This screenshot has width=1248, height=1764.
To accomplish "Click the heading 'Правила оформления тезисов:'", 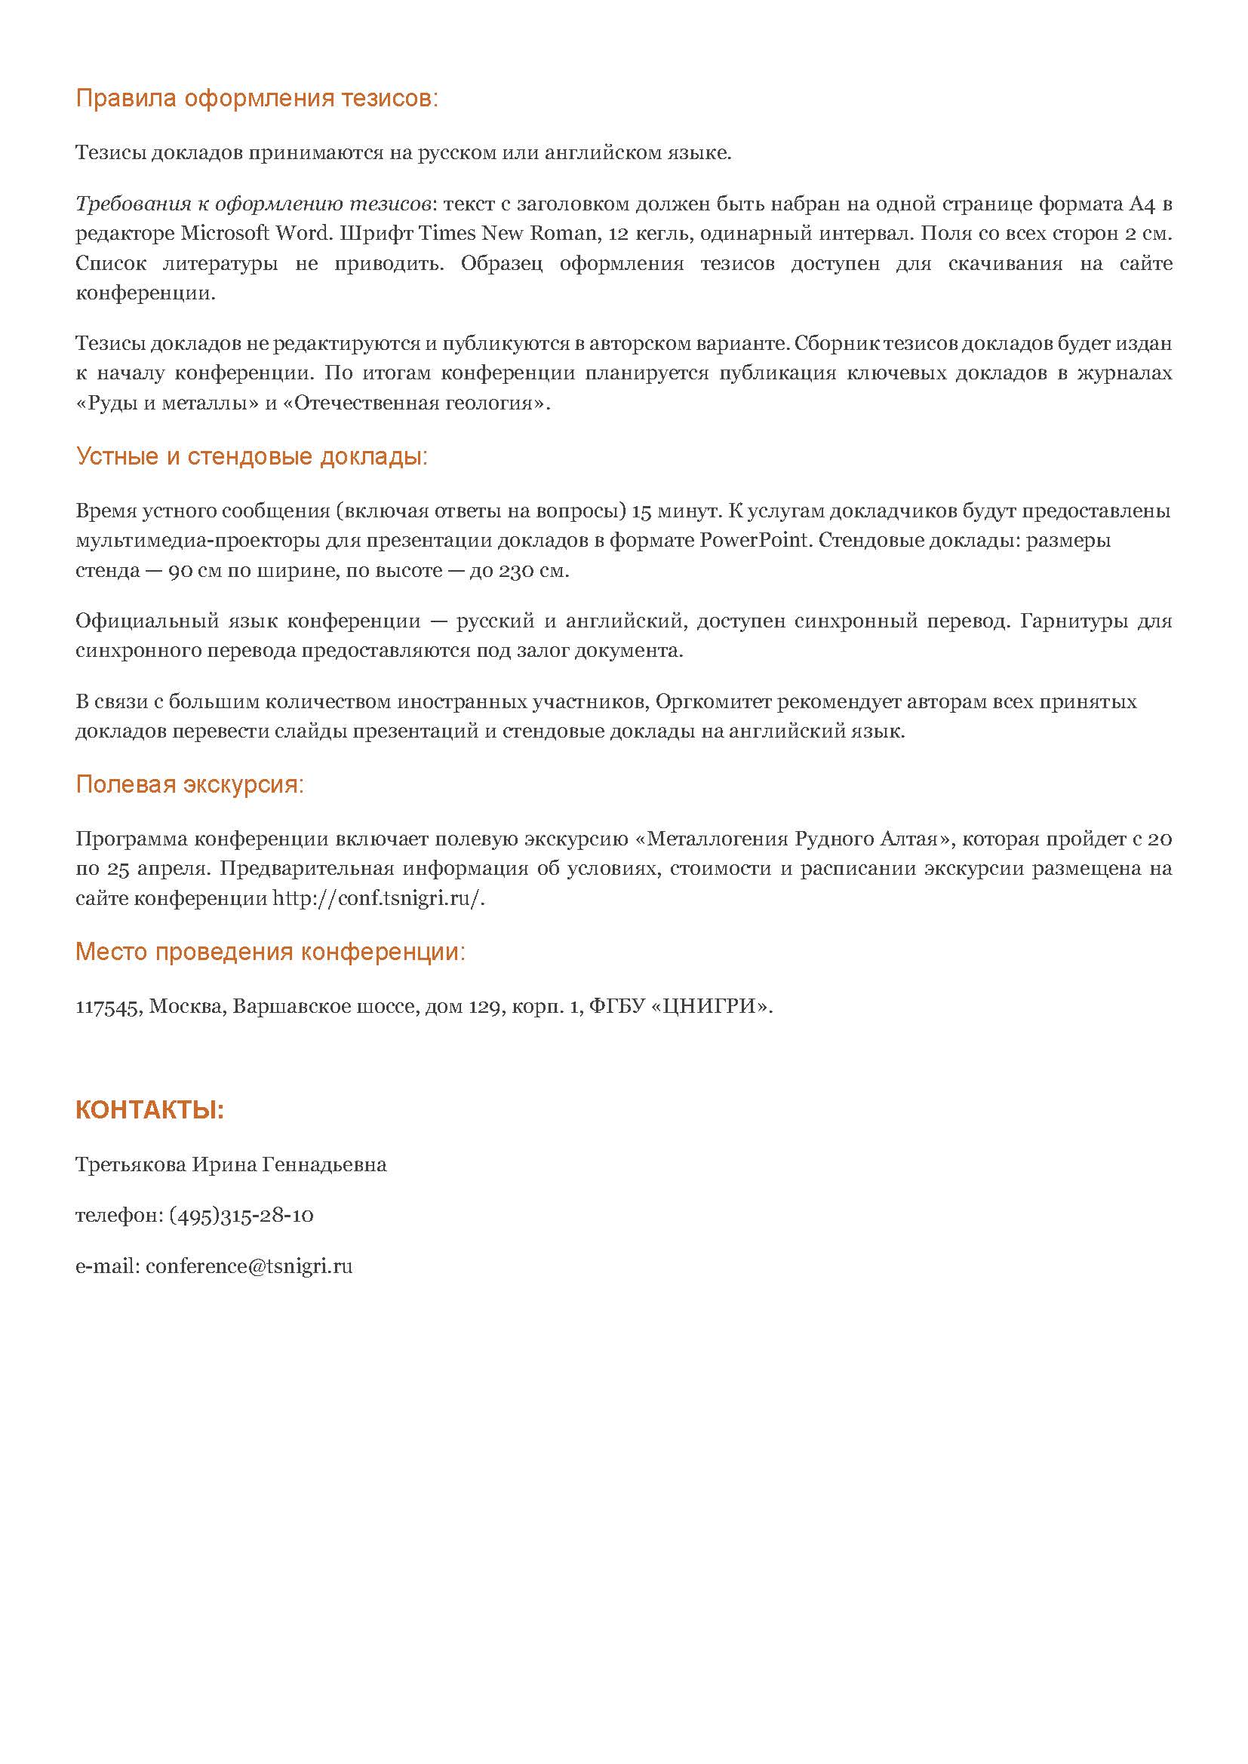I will pos(257,99).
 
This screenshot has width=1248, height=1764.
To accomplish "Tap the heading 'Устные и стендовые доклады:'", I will pos(252,456).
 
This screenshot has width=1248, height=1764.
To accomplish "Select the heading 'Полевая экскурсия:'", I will pos(190,784).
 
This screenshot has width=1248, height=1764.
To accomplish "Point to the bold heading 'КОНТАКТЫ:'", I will pos(150,1110).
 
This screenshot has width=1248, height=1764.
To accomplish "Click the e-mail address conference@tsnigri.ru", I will pos(249,1266).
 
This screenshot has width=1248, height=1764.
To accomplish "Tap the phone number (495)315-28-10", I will pos(241,1216).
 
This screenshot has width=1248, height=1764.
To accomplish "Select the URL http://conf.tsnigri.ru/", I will pos(379,899).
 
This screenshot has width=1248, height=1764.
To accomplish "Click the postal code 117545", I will pos(107,1007).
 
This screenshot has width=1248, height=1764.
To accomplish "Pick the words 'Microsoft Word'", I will pos(254,234).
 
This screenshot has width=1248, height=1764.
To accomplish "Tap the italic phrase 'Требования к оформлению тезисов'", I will pos(252,204).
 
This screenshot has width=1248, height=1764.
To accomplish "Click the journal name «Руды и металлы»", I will pos(167,403).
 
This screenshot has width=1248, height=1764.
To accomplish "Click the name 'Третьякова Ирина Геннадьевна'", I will pos(232,1164).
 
